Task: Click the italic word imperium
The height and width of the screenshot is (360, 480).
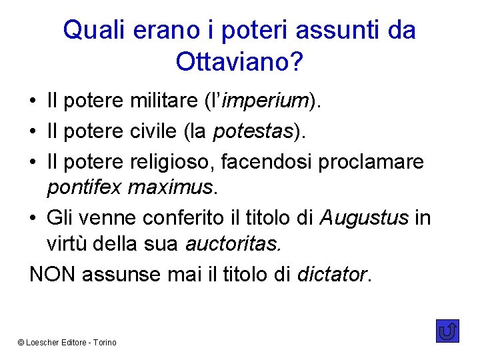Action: click(x=265, y=101)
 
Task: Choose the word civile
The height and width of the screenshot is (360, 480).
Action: click(x=152, y=131)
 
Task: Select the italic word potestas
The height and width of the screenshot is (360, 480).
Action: click(x=253, y=131)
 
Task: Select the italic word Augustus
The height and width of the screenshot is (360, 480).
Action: click(x=363, y=217)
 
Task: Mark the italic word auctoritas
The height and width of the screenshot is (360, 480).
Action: click(x=233, y=244)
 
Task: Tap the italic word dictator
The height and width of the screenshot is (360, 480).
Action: click(x=331, y=274)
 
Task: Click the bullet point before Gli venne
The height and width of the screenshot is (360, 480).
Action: click(x=33, y=218)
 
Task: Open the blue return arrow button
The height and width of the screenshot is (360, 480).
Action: click(x=447, y=331)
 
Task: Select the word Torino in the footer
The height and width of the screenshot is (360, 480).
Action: click(x=104, y=342)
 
